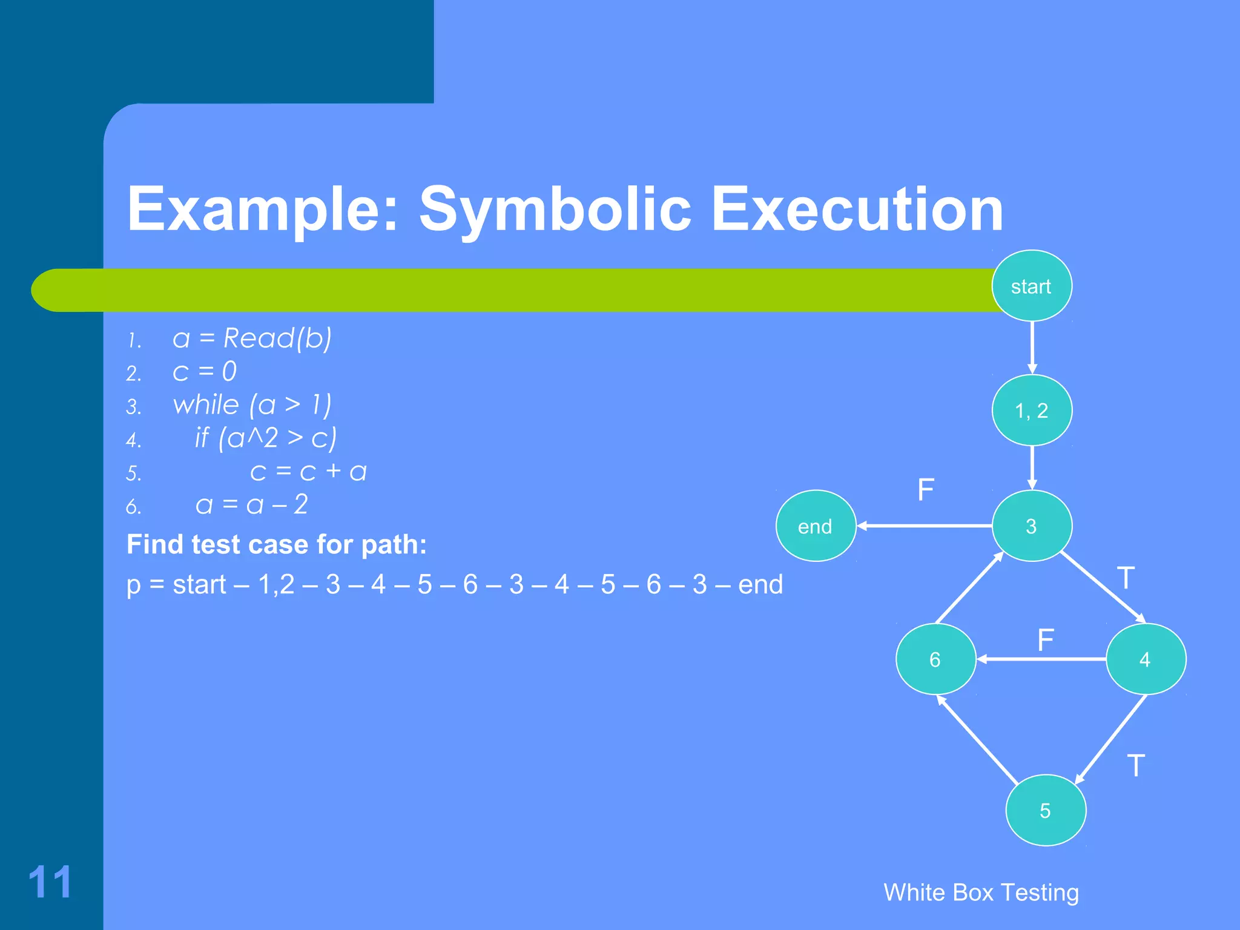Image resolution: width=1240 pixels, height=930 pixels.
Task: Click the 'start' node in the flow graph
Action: [1031, 286]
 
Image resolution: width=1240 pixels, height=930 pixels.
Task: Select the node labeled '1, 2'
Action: [1031, 411]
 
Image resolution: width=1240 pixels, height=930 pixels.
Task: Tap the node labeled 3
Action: [1031, 526]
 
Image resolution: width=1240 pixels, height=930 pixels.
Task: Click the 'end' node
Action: [815, 526]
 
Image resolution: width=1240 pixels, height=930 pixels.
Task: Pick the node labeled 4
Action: [1145, 659]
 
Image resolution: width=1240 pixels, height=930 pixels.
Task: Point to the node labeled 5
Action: [1045, 810]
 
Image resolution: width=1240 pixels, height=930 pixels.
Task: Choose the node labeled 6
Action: [935, 659]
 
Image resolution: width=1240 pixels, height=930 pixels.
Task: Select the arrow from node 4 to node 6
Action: [1041, 659]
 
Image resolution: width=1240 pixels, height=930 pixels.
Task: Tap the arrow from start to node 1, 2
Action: [1032, 348]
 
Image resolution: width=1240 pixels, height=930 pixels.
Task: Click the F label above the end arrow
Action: [926, 489]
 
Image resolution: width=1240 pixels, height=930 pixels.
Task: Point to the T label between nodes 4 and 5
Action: [1136, 766]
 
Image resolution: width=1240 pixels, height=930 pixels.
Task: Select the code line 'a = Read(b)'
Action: [252, 338]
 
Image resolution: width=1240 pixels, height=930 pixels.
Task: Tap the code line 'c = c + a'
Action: [308, 472]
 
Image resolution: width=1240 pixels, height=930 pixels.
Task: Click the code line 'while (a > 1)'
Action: [252, 404]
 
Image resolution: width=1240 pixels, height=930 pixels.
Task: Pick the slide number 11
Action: [50, 882]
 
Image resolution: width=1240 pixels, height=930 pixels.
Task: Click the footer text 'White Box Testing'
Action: [981, 892]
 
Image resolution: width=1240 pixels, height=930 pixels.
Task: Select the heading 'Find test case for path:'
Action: [277, 544]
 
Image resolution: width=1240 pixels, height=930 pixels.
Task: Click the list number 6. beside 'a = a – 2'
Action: [134, 506]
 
